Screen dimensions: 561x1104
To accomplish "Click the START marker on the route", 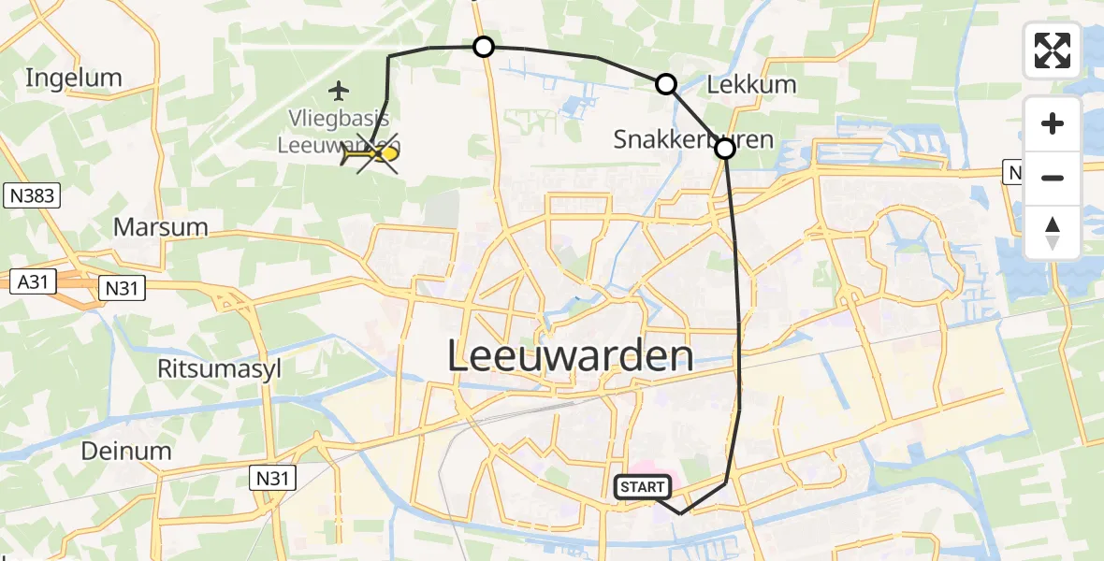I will [x=642, y=487].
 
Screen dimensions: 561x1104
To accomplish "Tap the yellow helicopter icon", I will [x=371, y=155].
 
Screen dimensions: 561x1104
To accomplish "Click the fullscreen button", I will [x=1053, y=50].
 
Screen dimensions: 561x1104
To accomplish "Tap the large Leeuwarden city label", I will [x=571, y=357].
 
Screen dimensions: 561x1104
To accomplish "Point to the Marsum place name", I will [x=160, y=226].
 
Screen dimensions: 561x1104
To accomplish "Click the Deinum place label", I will [x=126, y=451].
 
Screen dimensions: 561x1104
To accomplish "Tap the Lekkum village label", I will [x=751, y=84].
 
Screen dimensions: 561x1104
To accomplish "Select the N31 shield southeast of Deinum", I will [x=274, y=479].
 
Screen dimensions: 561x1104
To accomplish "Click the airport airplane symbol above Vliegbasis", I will [x=339, y=91].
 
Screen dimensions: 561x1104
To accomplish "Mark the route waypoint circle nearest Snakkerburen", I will [x=725, y=148].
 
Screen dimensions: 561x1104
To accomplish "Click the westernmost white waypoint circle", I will [x=483, y=46].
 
